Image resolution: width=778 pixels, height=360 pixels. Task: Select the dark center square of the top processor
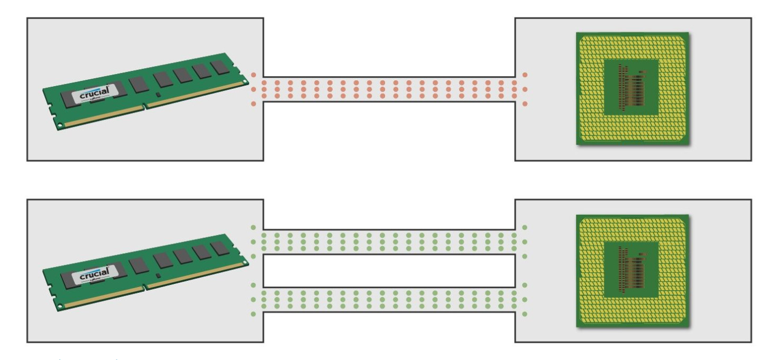point(631,85)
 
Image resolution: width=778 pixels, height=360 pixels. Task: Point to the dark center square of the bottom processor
point(631,267)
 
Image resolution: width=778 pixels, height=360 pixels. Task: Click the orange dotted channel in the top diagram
point(389,89)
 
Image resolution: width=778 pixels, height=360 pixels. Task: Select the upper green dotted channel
point(389,242)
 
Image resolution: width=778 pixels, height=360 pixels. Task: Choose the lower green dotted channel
point(389,299)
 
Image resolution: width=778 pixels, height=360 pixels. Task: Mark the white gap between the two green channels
point(389,271)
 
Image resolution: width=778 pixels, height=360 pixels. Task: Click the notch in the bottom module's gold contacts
point(144,289)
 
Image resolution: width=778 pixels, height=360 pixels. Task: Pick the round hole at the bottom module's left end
point(59,307)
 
